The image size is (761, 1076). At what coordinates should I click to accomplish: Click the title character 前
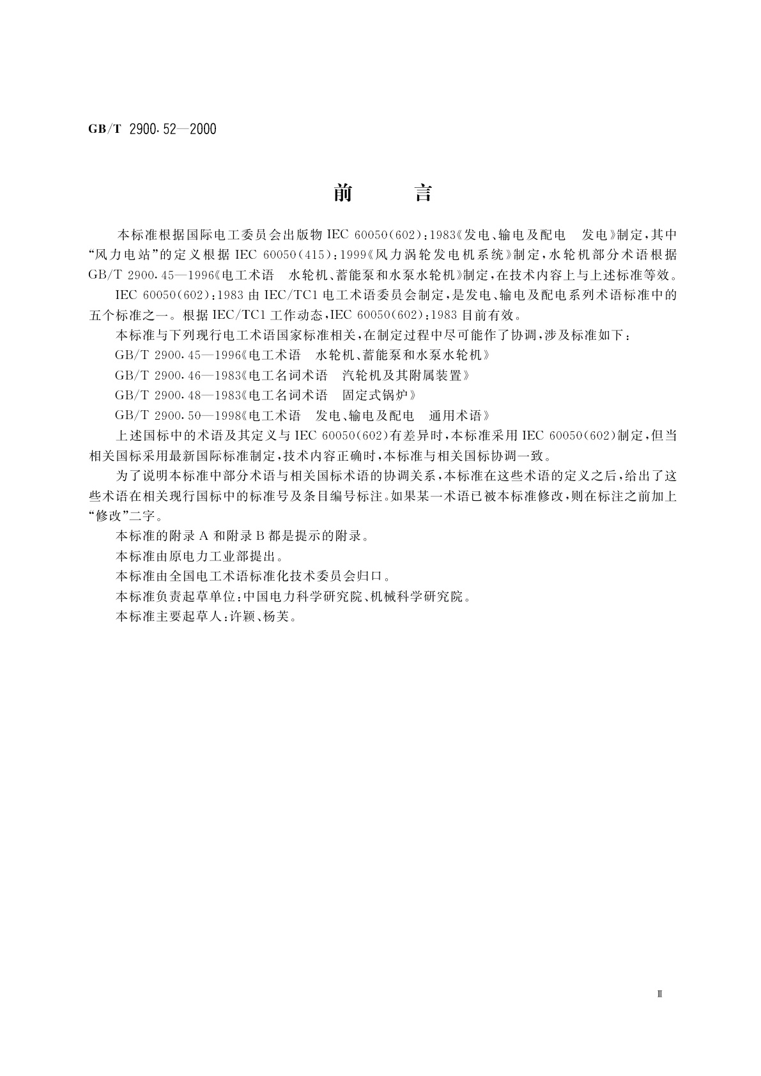tap(343, 193)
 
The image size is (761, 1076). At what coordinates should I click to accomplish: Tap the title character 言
tap(423, 193)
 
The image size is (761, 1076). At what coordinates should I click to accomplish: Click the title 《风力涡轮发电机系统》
tap(442, 254)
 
